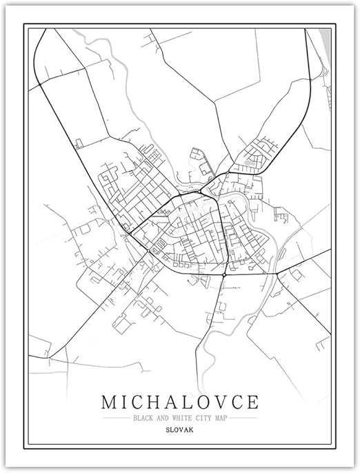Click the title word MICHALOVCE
pos(180,401)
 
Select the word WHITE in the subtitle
pos(183,418)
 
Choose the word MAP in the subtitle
pos(222,418)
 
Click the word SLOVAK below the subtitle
pos(180,431)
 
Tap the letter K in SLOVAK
pos(191,431)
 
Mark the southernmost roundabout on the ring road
pos(225,274)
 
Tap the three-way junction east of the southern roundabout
pos(277,274)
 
